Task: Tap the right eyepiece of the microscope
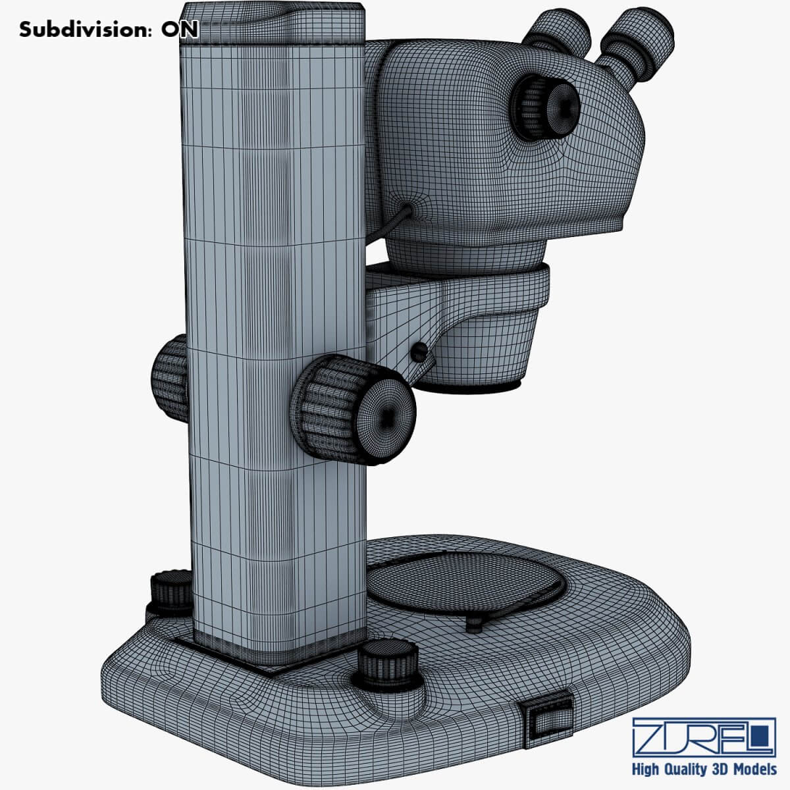(637, 43)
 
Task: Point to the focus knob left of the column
(170, 378)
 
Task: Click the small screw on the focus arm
(417, 353)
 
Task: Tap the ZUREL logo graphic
(704, 736)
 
